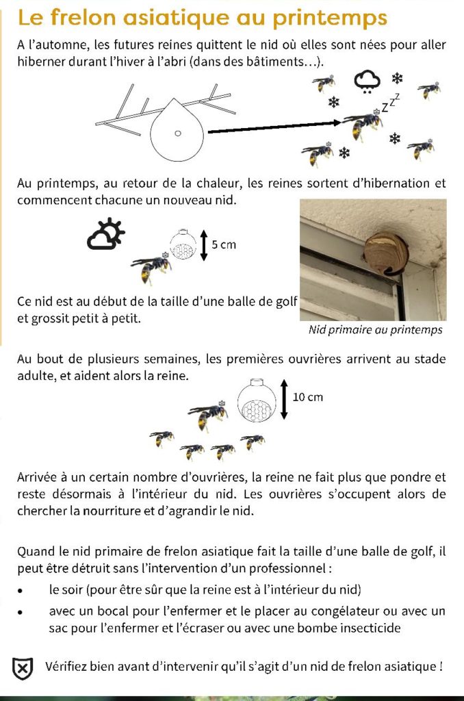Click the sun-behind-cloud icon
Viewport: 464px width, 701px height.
pyautogui.click(x=106, y=234)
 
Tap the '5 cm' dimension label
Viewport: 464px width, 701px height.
pyautogui.click(x=223, y=245)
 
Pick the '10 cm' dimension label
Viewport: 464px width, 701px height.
pyautogui.click(x=307, y=397)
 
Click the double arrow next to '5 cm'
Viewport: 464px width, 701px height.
pyautogui.click(x=203, y=245)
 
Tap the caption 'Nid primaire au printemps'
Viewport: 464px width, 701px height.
pyautogui.click(x=375, y=330)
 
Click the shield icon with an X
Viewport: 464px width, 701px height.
pyautogui.click(x=23, y=668)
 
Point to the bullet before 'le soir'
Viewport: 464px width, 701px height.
pyautogui.click(x=22, y=590)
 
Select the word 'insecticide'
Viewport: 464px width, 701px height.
pyautogui.click(x=368, y=628)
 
